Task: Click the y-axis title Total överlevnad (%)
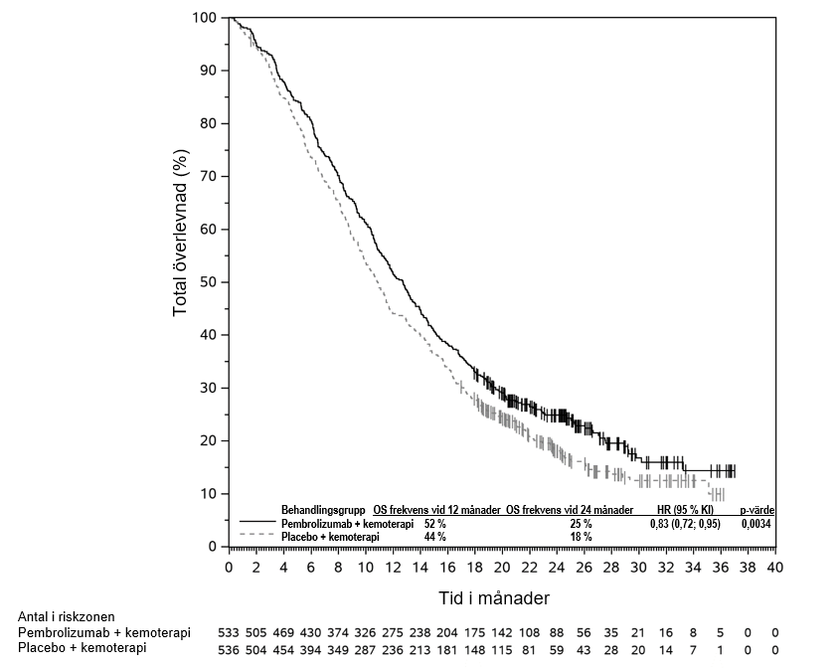point(180,233)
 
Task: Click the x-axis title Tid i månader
point(502,598)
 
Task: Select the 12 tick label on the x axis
point(393,567)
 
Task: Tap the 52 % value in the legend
point(435,523)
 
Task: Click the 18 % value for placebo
point(581,536)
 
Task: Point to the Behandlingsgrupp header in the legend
point(324,510)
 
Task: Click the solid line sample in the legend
point(257,522)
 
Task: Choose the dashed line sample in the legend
point(257,535)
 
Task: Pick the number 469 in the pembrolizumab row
point(283,632)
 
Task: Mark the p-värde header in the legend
point(756,510)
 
